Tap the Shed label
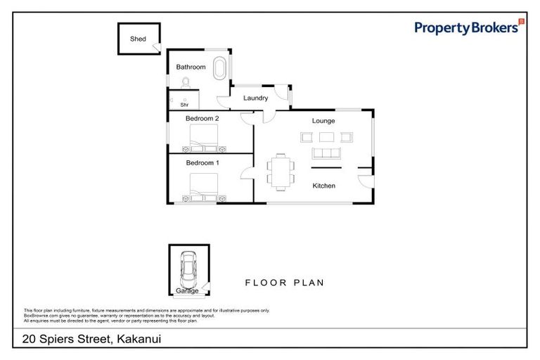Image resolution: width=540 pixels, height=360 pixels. click(x=138, y=39)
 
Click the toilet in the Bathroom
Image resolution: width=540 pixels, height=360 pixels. click(x=185, y=83)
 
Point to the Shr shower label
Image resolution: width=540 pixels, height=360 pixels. click(x=184, y=104)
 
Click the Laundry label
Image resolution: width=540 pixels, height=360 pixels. click(x=255, y=98)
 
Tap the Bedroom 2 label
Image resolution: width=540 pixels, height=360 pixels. click(x=202, y=119)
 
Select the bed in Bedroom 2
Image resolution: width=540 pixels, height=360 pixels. click(x=203, y=141)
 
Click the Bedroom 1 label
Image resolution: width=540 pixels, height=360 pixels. click(x=202, y=163)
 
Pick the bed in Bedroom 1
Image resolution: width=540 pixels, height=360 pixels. click(x=203, y=187)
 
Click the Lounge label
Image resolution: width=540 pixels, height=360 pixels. click(x=323, y=120)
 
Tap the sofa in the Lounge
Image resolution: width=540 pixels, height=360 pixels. click(x=326, y=153)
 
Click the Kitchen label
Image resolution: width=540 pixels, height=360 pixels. click(x=323, y=186)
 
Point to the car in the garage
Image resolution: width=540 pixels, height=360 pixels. click(x=188, y=268)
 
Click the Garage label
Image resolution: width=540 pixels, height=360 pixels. click(x=187, y=290)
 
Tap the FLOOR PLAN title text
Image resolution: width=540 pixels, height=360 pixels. click(x=284, y=283)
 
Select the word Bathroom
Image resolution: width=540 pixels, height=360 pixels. click(x=191, y=67)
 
